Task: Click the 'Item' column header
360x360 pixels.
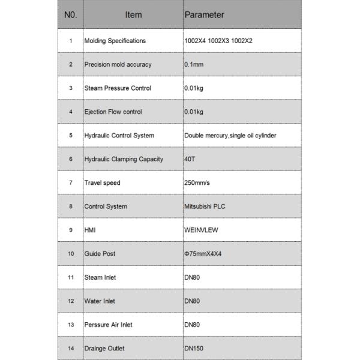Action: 133,14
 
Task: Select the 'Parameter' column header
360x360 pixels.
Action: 204,14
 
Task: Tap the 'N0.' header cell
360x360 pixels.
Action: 70,14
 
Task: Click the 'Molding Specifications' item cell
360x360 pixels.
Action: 115,41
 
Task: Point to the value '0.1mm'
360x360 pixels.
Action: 194,64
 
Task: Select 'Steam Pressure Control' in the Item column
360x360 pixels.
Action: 117,88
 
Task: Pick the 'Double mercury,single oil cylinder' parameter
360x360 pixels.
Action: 230,136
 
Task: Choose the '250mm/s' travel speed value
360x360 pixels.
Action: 197,182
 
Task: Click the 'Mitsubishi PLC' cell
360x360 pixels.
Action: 205,206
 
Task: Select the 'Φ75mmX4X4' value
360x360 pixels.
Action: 203,254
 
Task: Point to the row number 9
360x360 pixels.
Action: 70,230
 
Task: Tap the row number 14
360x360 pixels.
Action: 70,348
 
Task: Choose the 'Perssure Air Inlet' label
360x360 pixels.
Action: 108,325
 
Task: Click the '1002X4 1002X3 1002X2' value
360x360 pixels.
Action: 218,41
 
